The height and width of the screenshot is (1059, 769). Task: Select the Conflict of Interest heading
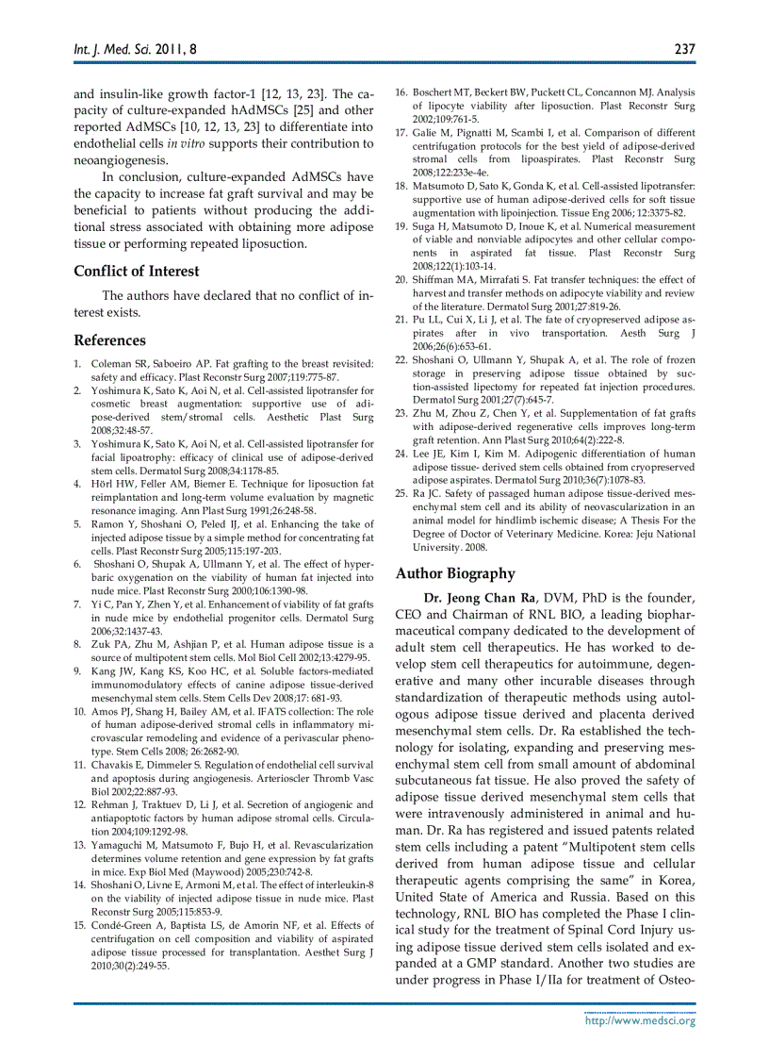point(137,272)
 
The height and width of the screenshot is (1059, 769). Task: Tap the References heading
point(110,340)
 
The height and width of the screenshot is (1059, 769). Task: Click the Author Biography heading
point(455,573)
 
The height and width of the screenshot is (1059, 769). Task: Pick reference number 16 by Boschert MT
point(401,92)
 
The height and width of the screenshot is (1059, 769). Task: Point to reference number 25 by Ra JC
point(401,493)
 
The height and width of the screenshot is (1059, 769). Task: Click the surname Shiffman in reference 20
point(434,279)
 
